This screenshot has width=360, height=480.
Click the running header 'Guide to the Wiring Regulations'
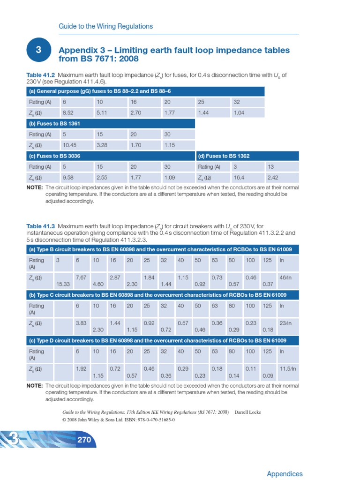point(105,26)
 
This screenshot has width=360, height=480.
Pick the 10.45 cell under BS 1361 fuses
point(69,145)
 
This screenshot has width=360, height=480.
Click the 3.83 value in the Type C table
point(81,323)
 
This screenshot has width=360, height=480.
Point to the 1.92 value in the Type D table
point(81,369)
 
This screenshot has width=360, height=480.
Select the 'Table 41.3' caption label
point(41,226)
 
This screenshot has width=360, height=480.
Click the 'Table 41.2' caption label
point(41,75)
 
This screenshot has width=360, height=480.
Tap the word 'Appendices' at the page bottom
point(285,474)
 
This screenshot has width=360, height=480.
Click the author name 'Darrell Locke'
point(248,412)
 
